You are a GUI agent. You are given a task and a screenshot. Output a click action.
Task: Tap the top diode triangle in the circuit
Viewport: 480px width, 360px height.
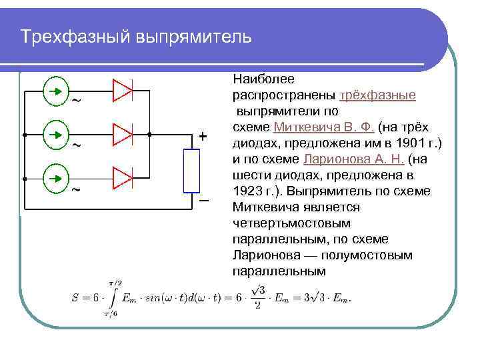pyautogui.click(x=123, y=90)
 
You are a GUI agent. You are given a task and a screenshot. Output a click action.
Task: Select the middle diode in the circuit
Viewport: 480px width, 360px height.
pyautogui.click(x=123, y=135)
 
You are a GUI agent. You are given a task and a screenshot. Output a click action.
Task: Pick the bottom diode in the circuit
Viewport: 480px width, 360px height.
pyautogui.click(x=123, y=179)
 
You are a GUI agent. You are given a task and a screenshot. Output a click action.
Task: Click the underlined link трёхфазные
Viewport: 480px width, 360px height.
pyautogui.click(x=378, y=95)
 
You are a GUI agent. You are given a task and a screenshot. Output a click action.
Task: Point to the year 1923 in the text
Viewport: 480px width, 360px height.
pyautogui.click(x=247, y=191)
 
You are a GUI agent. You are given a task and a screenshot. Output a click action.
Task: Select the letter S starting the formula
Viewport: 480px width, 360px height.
pyautogui.click(x=75, y=298)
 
